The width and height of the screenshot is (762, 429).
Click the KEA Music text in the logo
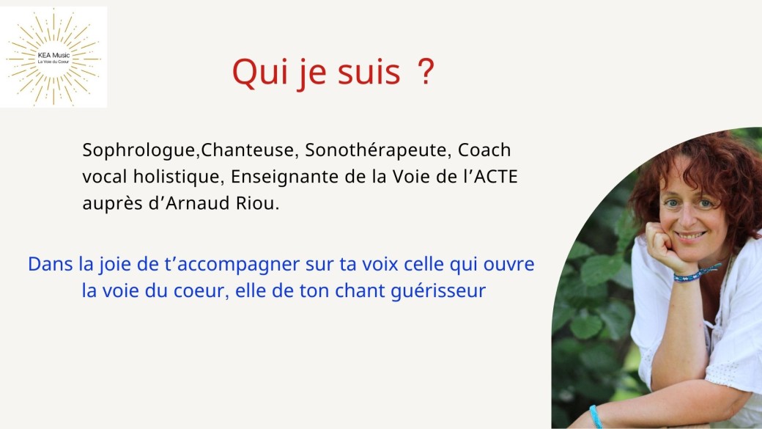click(53, 56)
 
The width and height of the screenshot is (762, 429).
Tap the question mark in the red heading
click(426, 72)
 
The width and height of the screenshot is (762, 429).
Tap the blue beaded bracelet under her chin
click(695, 274)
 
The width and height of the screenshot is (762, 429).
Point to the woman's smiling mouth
click(690, 236)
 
